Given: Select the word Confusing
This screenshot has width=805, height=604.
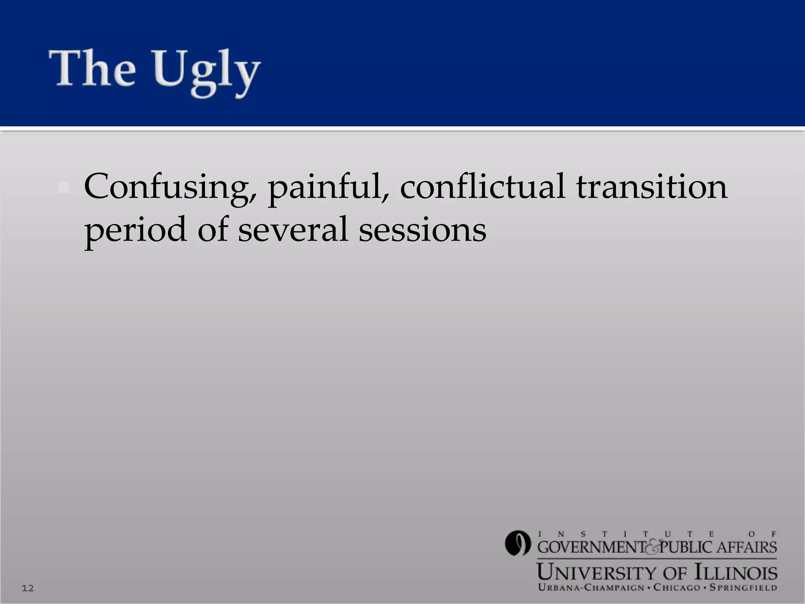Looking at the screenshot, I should point(170,187).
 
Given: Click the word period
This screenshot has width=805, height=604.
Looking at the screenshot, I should point(135,230).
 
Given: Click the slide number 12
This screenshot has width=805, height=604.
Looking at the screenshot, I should point(28,588).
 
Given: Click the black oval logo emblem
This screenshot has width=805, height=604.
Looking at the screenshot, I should point(518,543).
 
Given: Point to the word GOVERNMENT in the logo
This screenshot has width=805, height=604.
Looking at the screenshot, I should point(591,547).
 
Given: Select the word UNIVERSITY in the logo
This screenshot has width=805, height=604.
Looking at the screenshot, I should point(597,573).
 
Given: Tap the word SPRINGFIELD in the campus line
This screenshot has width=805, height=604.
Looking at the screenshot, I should point(743,588).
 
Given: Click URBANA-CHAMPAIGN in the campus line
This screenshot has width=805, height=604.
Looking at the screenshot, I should point(591,588).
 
